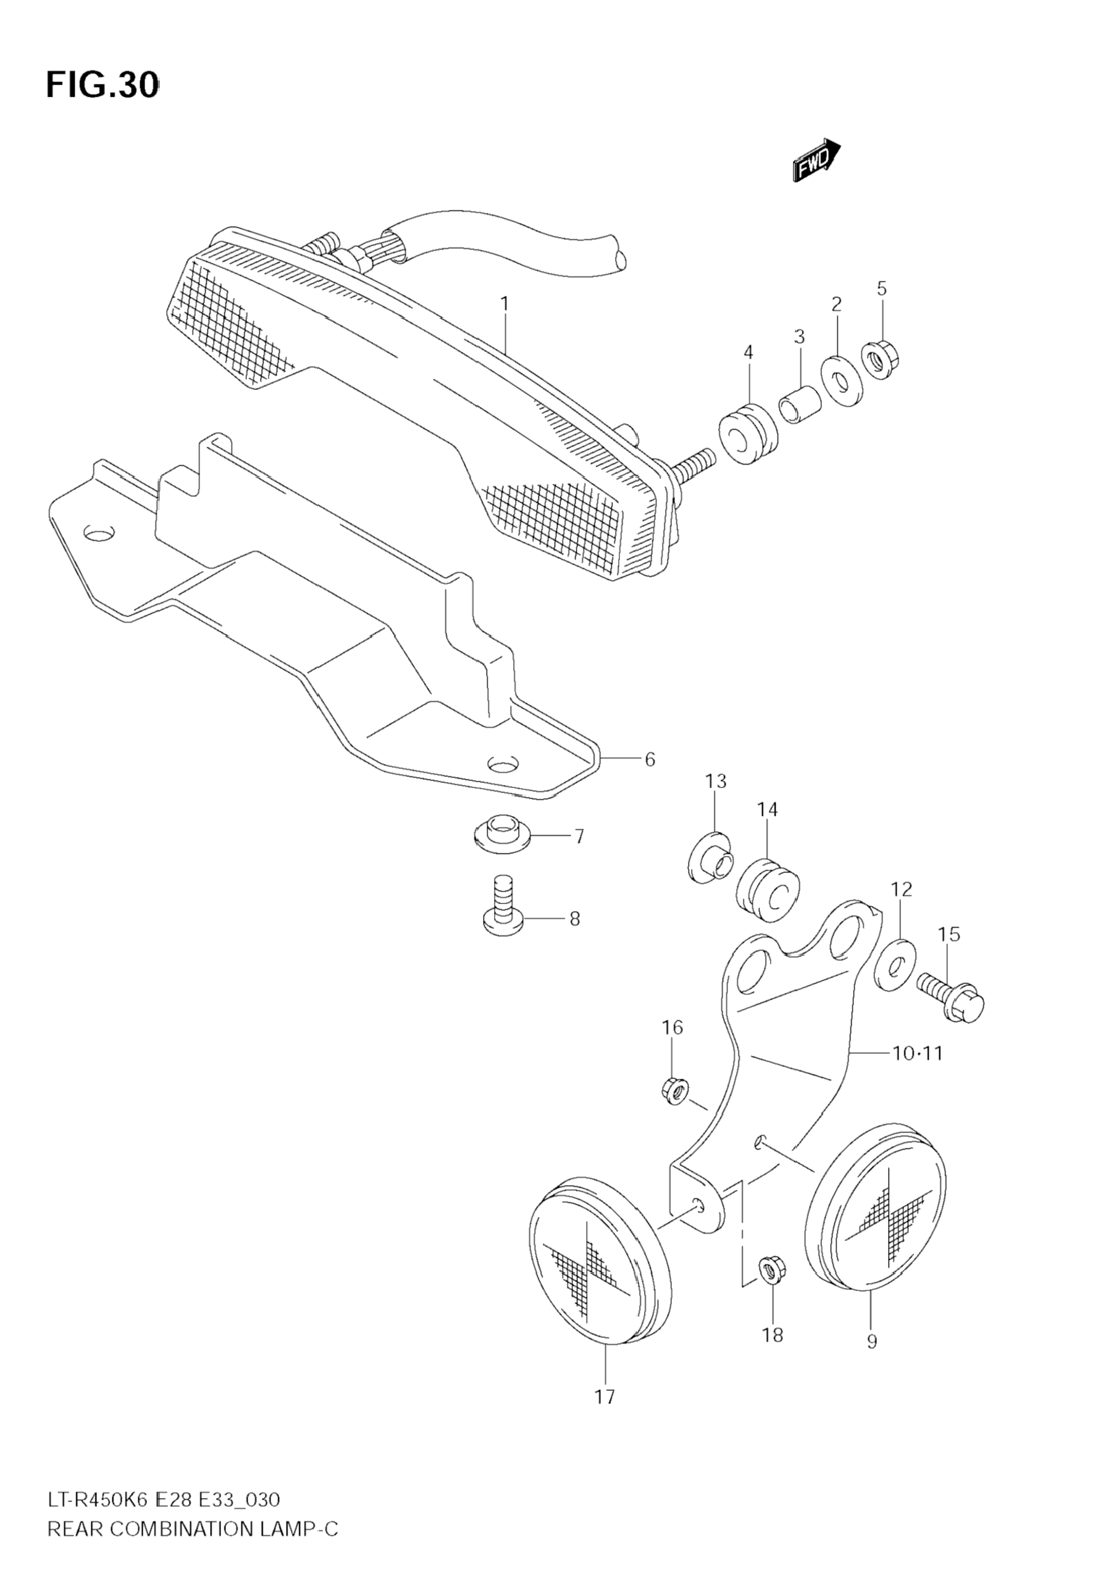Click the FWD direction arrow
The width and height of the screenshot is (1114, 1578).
[x=817, y=160]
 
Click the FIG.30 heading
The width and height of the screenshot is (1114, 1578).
[x=103, y=86]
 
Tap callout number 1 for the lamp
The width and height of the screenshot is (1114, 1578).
[x=504, y=303]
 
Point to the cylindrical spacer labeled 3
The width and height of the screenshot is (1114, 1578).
[x=799, y=407]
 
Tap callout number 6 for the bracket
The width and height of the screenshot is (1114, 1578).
[x=649, y=760]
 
